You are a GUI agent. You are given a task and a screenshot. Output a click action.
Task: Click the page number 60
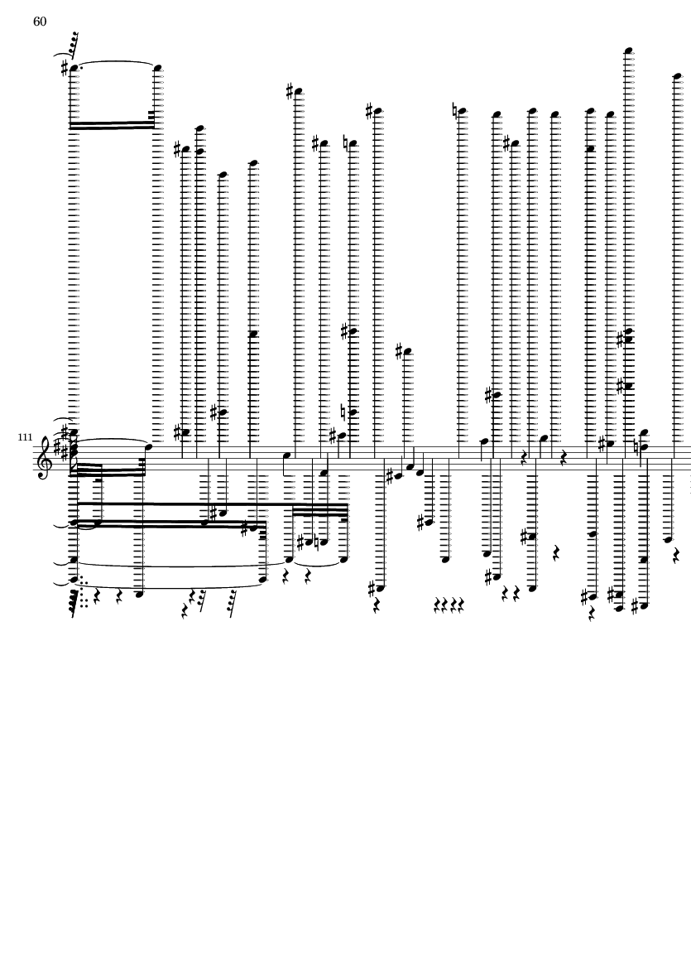click(40, 22)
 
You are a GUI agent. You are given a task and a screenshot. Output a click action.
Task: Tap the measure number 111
click(24, 436)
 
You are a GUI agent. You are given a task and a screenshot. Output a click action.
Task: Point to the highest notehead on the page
click(629, 51)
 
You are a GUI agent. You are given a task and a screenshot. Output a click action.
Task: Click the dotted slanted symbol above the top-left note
click(72, 40)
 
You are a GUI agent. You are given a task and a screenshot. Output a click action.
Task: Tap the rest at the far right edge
click(678, 557)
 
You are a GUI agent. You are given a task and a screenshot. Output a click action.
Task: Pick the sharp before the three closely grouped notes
click(390, 476)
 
